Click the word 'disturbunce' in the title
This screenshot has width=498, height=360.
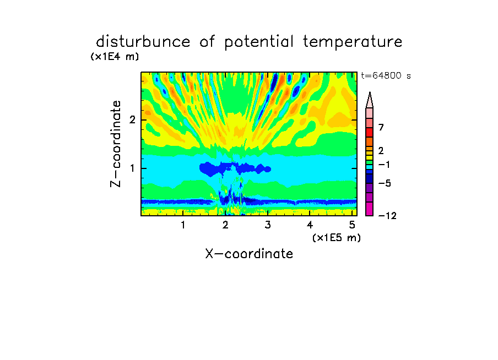pos(143,42)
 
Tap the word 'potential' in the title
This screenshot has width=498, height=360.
pos(259,42)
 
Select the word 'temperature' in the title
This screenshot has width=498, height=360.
pos(353,42)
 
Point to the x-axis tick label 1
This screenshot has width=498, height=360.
pos(183,225)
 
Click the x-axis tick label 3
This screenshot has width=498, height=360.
pos(268,225)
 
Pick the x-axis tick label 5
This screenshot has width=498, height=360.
pos(352,225)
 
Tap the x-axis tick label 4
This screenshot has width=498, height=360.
pos(310,225)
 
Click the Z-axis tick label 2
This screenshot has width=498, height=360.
pos(132,119)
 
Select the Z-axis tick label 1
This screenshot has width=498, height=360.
pos(132,168)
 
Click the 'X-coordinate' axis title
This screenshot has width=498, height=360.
pos(249,254)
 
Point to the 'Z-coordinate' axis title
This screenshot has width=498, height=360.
pos(116,144)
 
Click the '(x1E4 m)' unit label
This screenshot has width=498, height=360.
pos(115,57)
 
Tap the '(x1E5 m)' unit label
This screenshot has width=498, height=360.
pos(337,238)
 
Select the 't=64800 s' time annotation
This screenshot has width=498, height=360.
pos(386,75)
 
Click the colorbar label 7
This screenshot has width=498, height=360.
pos(381,127)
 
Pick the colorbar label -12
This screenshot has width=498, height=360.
pos(387,216)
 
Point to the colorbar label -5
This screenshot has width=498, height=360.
pos(385,183)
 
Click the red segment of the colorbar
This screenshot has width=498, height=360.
pos(370,132)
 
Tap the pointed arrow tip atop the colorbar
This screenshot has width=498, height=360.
pos(370,92)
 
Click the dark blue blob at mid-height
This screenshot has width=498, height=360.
pos(235,168)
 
